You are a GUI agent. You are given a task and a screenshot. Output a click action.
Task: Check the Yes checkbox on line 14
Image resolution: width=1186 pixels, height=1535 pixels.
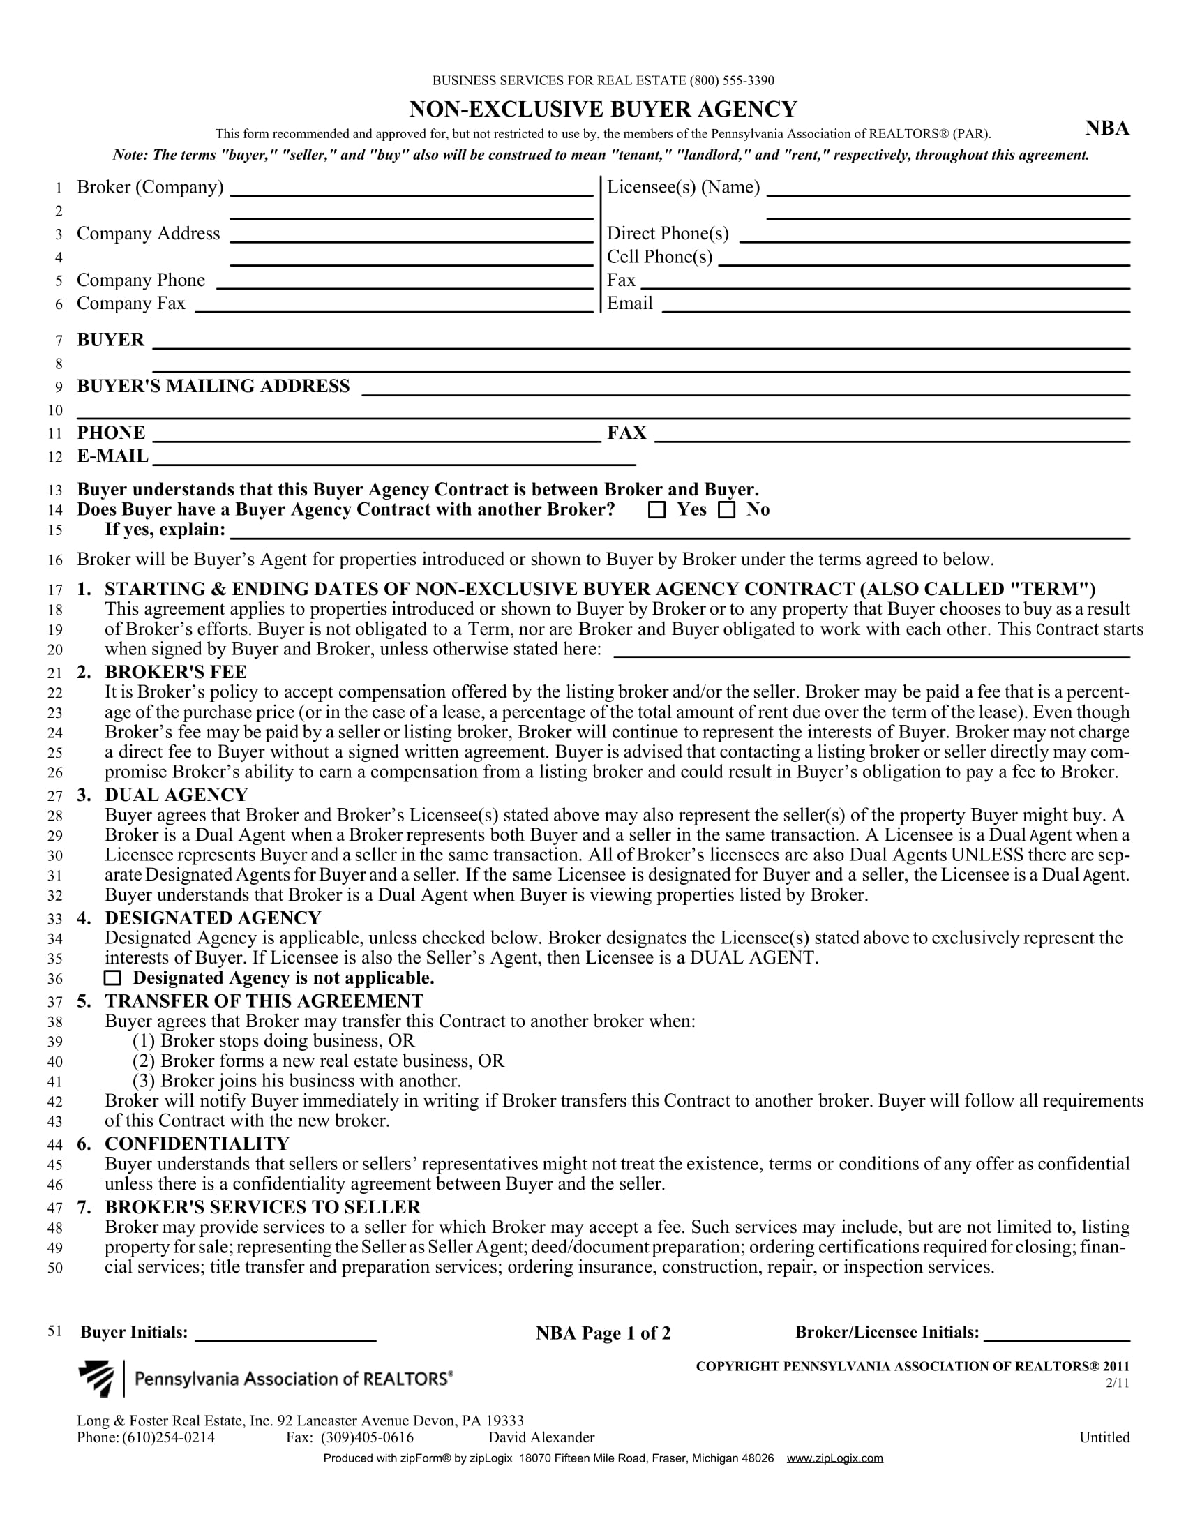[657, 510]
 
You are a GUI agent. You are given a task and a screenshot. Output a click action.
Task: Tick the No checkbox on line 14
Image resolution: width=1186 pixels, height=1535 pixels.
[726, 510]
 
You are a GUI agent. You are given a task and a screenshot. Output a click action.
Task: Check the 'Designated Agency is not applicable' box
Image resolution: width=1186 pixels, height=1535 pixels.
[112, 978]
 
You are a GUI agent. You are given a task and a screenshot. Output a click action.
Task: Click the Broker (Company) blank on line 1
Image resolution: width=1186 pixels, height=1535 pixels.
[412, 188]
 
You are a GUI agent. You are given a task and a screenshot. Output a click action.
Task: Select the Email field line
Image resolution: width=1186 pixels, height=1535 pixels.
[896, 304]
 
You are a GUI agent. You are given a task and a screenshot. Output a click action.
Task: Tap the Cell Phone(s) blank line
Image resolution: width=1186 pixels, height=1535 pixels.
[924, 258]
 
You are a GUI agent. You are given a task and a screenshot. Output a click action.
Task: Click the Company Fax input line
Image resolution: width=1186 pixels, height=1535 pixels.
[394, 304]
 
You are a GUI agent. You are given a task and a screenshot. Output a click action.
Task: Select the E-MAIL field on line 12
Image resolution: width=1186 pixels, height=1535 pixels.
[394, 458]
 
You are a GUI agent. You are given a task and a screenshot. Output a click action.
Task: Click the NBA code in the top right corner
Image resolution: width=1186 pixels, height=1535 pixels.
[1106, 128]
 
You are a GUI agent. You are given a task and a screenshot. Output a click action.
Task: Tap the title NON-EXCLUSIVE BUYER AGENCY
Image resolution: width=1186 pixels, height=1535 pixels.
[603, 110]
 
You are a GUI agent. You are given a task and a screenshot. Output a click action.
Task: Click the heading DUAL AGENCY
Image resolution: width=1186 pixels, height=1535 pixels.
[177, 795]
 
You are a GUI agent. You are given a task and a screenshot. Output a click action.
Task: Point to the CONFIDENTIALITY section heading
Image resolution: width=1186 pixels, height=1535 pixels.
[197, 1144]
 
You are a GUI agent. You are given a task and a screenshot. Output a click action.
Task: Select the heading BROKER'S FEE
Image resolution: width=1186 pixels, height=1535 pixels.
[176, 672]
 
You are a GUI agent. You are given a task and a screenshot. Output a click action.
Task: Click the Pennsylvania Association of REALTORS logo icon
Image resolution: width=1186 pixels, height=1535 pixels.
[96, 1378]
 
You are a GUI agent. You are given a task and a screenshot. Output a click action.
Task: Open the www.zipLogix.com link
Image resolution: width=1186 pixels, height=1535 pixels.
[834, 1458]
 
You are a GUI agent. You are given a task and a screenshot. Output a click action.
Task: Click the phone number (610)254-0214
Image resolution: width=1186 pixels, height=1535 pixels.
[169, 1437]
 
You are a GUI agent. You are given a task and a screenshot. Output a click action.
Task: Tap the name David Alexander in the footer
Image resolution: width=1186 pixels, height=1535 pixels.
[541, 1437]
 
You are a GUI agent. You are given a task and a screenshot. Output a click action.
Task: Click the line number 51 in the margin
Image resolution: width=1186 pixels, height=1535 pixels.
[56, 1331]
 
